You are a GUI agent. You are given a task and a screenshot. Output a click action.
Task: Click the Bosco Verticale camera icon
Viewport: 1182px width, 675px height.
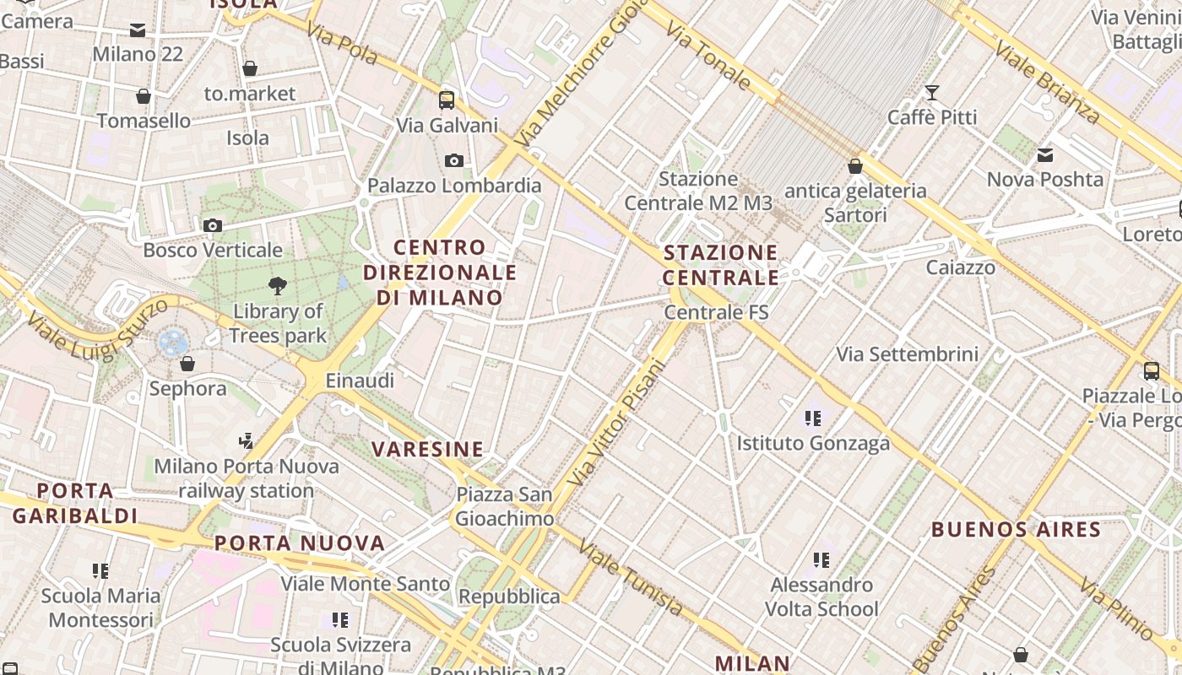(x=213, y=225)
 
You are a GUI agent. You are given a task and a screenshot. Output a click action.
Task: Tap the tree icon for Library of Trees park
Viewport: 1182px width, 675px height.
(x=277, y=286)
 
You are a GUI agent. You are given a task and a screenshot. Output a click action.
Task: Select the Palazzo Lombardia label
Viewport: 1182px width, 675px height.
(x=454, y=185)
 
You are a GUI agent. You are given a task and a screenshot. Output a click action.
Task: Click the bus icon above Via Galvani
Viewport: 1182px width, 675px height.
(x=447, y=100)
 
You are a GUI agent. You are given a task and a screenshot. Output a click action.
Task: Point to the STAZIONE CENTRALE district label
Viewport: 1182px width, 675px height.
(x=720, y=265)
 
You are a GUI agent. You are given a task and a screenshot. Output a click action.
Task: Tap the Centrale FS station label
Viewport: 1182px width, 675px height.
(x=716, y=312)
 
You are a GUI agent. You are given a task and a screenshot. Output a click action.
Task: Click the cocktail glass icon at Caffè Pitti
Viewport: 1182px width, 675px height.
(x=932, y=92)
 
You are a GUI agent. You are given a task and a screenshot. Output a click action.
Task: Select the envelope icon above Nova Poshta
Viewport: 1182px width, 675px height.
(x=1045, y=155)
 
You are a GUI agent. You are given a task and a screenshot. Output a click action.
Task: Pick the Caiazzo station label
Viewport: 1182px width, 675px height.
(x=960, y=267)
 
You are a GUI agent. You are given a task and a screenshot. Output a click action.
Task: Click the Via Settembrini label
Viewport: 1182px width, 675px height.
(x=907, y=354)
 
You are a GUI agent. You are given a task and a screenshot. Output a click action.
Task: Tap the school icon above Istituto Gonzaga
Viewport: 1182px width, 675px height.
(x=813, y=418)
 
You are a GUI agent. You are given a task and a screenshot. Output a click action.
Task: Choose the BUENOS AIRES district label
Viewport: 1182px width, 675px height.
(x=1016, y=530)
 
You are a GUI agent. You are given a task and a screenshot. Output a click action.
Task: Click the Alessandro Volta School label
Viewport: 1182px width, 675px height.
(x=821, y=597)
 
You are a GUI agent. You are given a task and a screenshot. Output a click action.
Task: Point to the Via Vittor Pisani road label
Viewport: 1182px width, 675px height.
(x=616, y=423)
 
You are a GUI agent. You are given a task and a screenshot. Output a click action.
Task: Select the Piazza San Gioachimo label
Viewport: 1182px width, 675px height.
(x=504, y=506)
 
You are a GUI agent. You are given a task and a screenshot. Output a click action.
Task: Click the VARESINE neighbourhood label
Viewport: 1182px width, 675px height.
(x=428, y=449)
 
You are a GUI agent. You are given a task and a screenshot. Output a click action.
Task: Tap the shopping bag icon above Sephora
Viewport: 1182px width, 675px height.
(x=187, y=364)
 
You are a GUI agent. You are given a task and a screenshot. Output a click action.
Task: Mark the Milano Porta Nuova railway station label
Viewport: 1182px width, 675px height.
(x=247, y=478)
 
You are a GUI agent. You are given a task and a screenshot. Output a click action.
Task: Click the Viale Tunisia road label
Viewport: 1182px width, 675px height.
(x=631, y=577)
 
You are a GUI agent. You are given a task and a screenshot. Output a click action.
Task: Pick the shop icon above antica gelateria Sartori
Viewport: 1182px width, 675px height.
(x=855, y=166)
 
